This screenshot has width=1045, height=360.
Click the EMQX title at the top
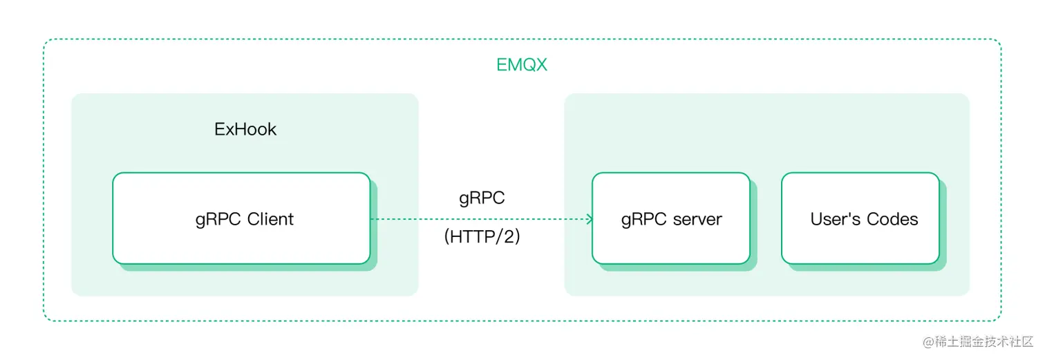(522, 65)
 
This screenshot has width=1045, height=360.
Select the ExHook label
(245, 129)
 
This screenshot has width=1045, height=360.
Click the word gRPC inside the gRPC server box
(641, 220)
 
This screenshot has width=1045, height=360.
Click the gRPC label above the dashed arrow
(482, 198)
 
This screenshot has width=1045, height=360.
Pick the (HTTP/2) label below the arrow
(482, 237)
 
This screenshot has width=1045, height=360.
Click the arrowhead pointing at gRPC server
(590, 220)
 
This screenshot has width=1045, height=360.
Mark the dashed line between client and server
(477, 220)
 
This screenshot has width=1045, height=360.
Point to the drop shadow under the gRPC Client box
(249, 267)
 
